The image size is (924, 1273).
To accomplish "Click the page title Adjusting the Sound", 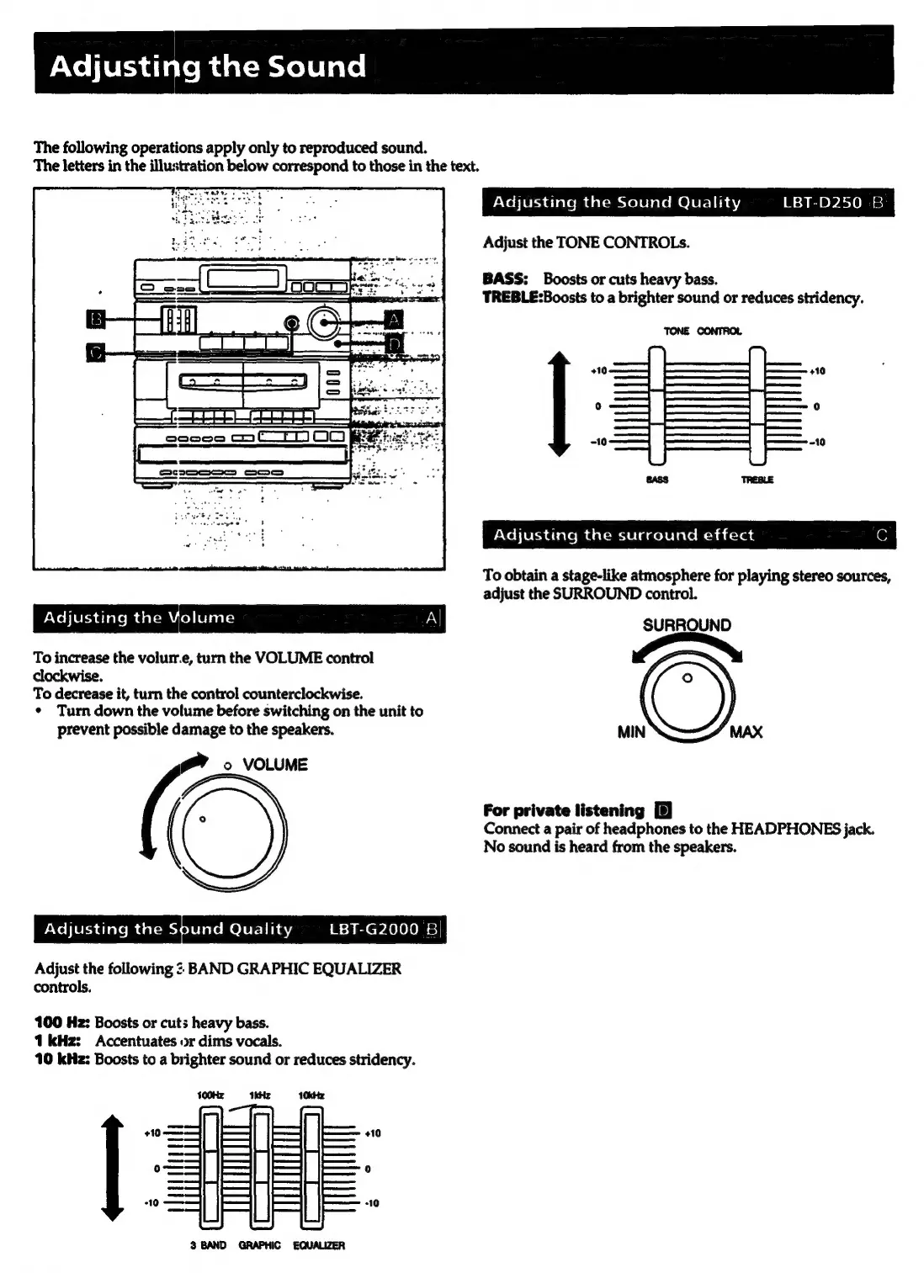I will (x=208, y=66).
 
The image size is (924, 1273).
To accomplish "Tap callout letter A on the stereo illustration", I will (x=393, y=320).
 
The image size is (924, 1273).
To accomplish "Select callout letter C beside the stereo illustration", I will (x=96, y=352).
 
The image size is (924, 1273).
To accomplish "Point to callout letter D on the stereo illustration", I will (x=393, y=343).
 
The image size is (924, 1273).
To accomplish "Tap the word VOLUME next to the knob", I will (x=275, y=765).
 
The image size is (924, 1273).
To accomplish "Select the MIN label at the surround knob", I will (x=631, y=732).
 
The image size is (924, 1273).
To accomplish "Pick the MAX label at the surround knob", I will (x=746, y=732).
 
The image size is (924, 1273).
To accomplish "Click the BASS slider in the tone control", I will (x=656, y=406).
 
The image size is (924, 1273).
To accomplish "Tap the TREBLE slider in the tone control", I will (x=757, y=406).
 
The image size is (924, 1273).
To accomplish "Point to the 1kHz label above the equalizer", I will (x=260, y=1095).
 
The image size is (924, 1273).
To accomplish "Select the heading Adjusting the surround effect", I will (x=624, y=535).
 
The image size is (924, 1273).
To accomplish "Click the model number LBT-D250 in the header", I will (x=821, y=203).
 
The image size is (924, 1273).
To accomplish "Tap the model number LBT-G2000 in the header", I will (x=374, y=929).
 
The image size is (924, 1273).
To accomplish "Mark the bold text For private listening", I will (x=563, y=810).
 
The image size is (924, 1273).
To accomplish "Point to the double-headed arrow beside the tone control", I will (x=558, y=405).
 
